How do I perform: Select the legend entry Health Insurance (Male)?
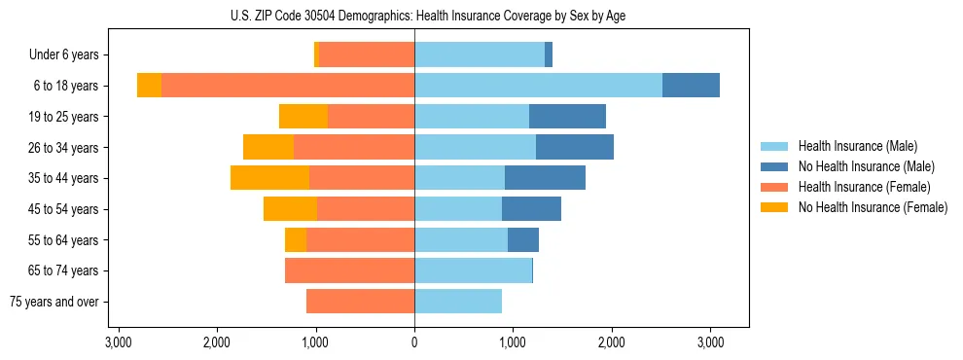[856, 146]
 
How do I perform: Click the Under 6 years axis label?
[69, 55]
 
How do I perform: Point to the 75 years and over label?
[54, 302]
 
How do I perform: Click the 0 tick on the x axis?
[414, 342]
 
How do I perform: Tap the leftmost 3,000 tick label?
[118, 342]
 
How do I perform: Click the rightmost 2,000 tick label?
[611, 342]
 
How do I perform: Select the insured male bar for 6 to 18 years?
[538, 86]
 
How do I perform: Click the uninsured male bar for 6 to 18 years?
[691, 86]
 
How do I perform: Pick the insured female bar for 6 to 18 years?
[288, 86]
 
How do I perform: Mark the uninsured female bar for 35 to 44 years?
[269, 178]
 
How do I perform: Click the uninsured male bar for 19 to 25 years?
[567, 117]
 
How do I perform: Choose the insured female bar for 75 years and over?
[360, 302]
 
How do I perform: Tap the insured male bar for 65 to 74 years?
[473, 270]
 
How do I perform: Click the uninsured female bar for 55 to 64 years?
[296, 239]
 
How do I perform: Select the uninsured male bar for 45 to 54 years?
[531, 209]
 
